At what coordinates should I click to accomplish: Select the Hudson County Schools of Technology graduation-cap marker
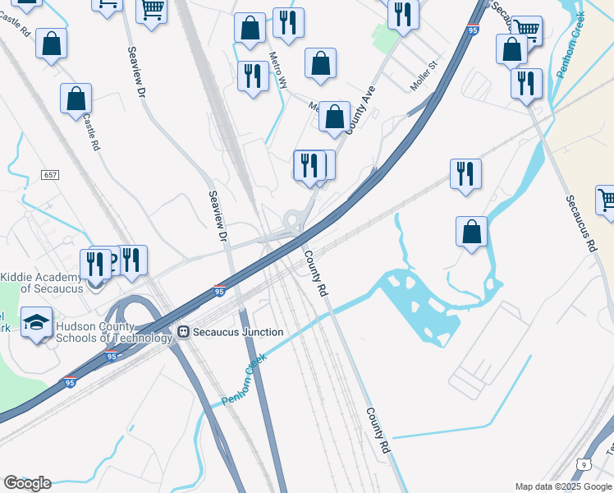pyautogui.click(x=36, y=323)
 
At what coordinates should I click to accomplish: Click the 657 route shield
pyautogui.click(x=50, y=176)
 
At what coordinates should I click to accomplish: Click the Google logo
pyautogui.click(x=27, y=483)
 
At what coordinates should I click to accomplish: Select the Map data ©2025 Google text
pyautogui.click(x=563, y=486)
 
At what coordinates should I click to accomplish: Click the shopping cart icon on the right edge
pyautogui.click(x=607, y=200)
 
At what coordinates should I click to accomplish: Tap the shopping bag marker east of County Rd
pyautogui.click(x=471, y=232)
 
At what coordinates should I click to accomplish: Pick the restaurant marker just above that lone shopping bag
pyautogui.click(x=465, y=174)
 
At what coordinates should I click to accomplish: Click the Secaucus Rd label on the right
pyautogui.click(x=580, y=223)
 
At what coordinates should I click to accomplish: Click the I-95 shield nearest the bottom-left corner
pyautogui.click(x=71, y=383)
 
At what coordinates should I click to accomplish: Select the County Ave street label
pyautogui.click(x=360, y=111)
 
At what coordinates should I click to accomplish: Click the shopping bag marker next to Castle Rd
pyautogui.click(x=76, y=99)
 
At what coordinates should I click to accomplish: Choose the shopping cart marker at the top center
pyautogui.click(x=152, y=11)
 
